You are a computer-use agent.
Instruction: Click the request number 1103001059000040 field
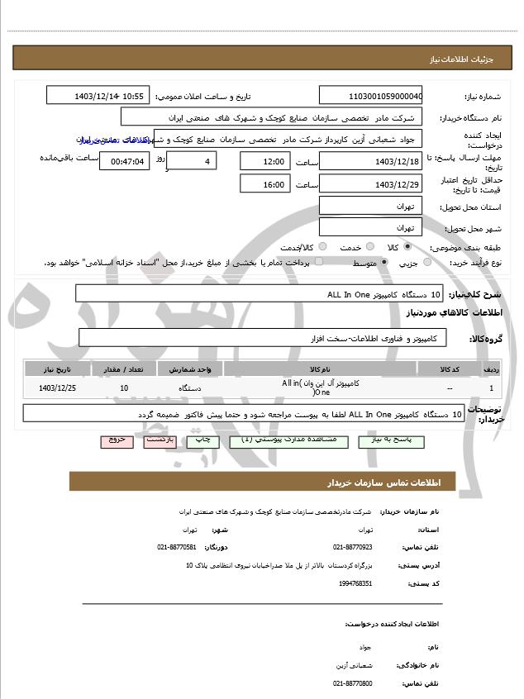click(x=370, y=96)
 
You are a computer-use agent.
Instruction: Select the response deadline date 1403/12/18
click(x=370, y=161)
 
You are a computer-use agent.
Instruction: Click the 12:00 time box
click(x=265, y=161)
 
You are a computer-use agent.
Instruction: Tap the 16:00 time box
click(x=265, y=184)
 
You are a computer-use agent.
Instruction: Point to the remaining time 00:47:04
click(x=124, y=161)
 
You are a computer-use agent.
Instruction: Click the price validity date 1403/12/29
click(x=370, y=184)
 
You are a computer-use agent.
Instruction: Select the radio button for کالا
click(x=408, y=246)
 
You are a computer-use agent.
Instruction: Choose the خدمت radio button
click(x=369, y=246)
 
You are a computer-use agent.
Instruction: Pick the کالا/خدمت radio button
click(x=322, y=246)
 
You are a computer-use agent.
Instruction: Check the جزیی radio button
click(x=427, y=263)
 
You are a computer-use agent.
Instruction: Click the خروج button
click(x=116, y=440)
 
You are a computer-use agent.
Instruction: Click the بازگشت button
click(x=158, y=440)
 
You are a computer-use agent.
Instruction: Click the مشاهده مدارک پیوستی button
click(x=282, y=441)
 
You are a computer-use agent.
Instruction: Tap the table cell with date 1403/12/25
click(x=58, y=388)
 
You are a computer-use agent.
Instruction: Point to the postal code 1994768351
click(x=355, y=583)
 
